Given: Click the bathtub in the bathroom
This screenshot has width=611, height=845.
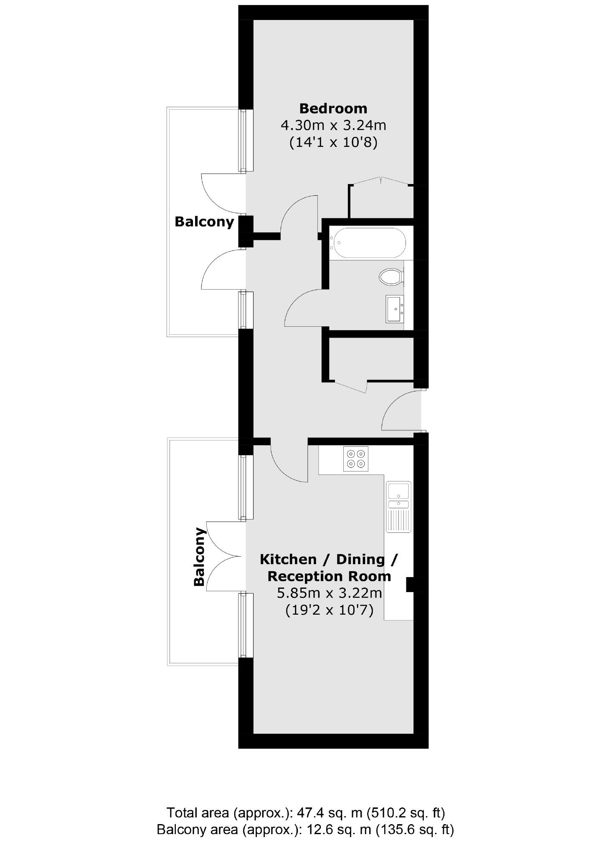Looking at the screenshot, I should click(x=368, y=243).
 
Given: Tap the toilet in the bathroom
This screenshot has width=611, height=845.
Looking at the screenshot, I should click(x=391, y=276).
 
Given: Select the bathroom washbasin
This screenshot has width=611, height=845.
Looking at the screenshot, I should click(x=394, y=309).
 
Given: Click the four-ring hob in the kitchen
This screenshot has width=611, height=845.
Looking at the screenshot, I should click(x=356, y=459).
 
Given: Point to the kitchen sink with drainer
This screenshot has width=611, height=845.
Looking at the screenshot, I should click(x=398, y=507).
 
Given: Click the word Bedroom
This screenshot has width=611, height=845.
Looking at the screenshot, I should click(x=333, y=108).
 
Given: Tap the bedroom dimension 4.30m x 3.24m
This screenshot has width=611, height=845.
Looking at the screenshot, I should click(x=333, y=125).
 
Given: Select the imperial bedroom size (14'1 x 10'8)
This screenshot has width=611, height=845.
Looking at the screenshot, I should click(x=333, y=142).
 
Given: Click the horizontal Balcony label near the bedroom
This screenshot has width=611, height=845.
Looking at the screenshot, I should click(x=204, y=222).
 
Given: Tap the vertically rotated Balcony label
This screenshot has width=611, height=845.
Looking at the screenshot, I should click(x=200, y=557).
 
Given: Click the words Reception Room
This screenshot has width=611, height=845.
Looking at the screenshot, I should click(x=329, y=576).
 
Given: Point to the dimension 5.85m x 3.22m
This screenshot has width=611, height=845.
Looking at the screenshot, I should click(x=330, y=593).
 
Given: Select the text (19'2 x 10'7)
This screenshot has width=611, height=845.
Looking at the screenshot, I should click(x=329, y=610).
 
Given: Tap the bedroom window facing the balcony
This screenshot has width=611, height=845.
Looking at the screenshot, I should click(x=246, y=140).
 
